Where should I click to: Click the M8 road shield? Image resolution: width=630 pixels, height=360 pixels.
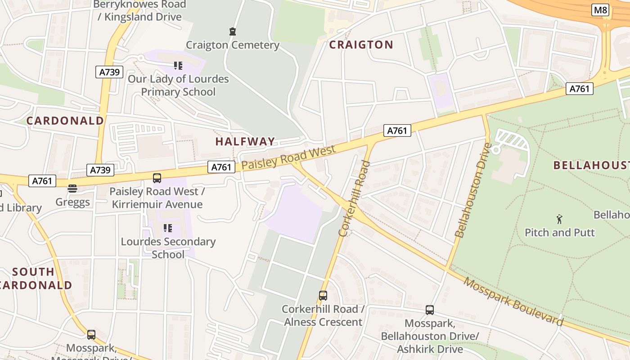coord(600,10)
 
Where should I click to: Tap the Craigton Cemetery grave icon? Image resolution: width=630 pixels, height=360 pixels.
coord(232,31)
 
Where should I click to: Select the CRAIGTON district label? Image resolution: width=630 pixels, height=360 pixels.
coord(361,45)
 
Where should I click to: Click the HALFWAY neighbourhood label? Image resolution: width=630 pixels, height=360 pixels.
coord(245,141)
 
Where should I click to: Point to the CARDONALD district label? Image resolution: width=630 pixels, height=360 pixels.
coord(65,121)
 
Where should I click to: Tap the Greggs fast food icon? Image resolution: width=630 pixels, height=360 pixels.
coord(72,188)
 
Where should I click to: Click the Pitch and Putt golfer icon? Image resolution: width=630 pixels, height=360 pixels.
coord(559,219)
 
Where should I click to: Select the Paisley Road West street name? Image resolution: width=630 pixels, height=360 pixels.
coord(288,157)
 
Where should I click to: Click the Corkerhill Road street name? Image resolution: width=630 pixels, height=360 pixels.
coord(354,198)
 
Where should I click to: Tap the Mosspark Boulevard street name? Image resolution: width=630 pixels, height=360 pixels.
coord(513,301)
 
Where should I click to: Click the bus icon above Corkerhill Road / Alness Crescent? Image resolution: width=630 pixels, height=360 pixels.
coord(323,296)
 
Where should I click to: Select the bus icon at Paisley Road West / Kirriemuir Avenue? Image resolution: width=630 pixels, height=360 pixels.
coord(157,178)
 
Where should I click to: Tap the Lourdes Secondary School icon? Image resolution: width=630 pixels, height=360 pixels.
coord(168,228)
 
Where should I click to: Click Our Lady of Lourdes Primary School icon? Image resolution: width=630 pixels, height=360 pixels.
coord(178,66)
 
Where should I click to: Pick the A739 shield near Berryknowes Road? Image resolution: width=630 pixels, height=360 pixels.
coord(109,72)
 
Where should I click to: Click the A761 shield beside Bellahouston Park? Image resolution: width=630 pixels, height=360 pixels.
coord(579,89)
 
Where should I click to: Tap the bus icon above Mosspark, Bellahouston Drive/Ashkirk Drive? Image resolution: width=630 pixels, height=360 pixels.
coord(430,310)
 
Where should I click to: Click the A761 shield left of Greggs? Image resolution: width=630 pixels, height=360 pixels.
coord(42,181)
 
